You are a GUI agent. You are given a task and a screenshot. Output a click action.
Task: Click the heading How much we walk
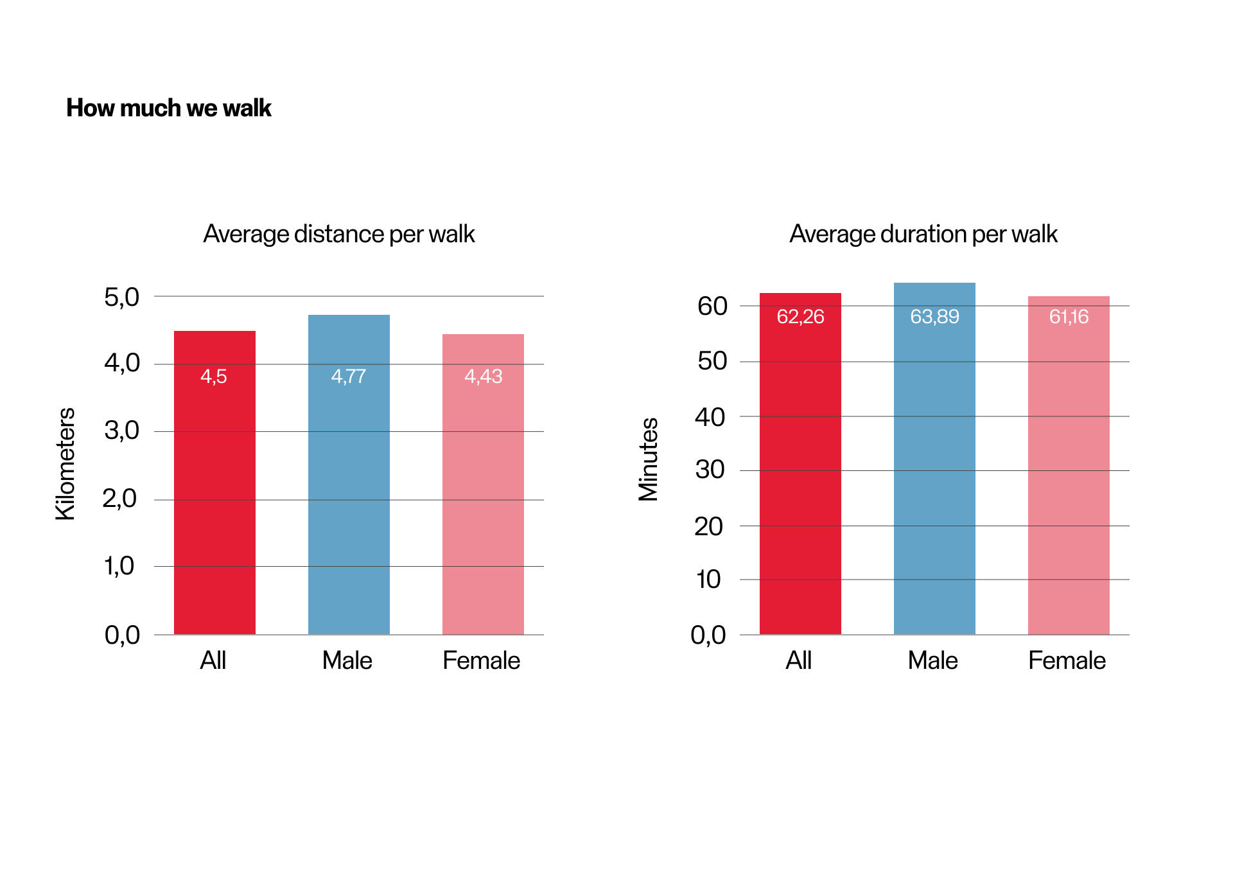(168, 108)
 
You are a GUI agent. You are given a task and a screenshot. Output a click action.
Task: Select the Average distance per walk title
(339, 234)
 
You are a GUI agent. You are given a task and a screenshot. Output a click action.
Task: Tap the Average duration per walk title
(923, 234)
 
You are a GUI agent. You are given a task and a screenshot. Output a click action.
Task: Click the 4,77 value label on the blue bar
(348, 376)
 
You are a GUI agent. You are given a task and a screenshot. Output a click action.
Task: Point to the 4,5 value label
(214, 376)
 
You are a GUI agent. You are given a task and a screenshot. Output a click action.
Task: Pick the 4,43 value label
(483, 376)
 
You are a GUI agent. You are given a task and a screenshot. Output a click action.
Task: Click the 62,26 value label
(800, 316)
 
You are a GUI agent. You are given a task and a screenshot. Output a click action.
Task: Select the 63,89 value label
(934, 316)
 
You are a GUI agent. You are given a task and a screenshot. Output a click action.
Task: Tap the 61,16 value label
(1069, 316)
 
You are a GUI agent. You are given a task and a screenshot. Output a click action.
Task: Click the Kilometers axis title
(66, 463)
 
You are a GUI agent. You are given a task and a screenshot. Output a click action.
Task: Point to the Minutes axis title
(648, 459)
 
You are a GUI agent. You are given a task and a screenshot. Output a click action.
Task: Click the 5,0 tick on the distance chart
(121, 297)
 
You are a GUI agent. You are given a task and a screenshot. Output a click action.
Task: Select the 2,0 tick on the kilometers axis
(119, 498)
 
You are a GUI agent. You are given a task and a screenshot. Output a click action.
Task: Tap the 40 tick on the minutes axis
(710, 417)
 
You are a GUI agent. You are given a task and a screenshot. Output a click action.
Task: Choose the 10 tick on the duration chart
(708, 580)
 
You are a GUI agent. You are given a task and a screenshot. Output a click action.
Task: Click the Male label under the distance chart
(347, 661)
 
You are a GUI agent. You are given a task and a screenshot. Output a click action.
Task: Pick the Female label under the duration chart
(1067, 661)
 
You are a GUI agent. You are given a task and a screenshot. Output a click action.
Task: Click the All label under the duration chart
(799, 661)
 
